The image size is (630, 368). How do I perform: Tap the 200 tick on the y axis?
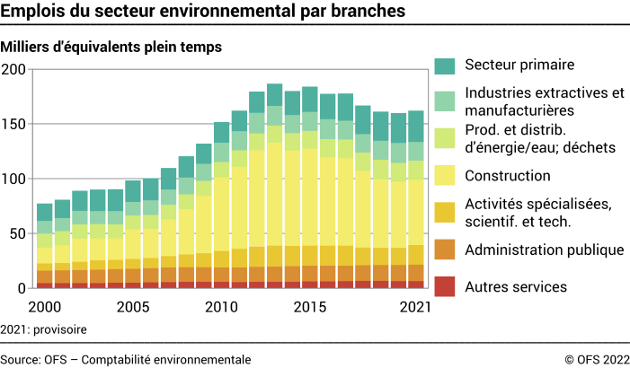click(15, 69)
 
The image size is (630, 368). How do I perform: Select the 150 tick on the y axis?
click(15, 124)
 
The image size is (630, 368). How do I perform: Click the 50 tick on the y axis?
click(19, 233)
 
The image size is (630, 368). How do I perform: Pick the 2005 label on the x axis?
click(132, 306)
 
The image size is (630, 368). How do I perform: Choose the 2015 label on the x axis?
click(309, 306)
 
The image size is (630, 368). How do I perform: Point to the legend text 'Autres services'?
click(516, 286)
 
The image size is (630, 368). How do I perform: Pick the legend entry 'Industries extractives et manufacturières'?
click(544, 101)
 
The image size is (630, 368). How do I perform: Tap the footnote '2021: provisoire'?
click(44, 329)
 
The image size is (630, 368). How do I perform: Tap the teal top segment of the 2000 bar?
click(44, 212)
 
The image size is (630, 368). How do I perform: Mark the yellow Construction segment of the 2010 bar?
click(221, 215)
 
